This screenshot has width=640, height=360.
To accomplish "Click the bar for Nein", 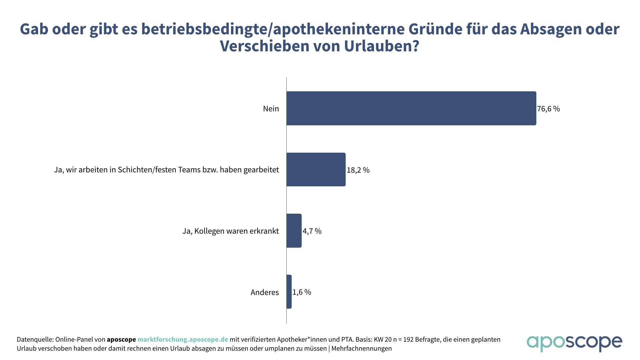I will point(411,108).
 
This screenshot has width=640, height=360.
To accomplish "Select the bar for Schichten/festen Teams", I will point(316,169).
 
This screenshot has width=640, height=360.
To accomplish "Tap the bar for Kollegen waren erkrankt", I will point(294,231).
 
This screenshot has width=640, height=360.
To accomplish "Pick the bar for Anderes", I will point(289,292).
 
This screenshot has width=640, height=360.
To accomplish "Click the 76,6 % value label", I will point(548,109).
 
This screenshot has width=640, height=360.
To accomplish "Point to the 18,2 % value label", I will point(358,170).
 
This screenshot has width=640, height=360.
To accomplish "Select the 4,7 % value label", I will point(312,231).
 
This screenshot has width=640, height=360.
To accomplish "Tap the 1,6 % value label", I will point(302,292).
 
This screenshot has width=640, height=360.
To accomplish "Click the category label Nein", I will point(271,109).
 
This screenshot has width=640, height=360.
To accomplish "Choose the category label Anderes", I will point(265,292).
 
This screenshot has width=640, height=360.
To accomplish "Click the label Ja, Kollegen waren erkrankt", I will point(230,231).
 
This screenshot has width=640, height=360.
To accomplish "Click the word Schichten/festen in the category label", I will point(147,170).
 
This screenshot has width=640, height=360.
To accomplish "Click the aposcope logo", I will point(574,343).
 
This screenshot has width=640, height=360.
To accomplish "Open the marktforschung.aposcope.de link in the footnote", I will point(183,339).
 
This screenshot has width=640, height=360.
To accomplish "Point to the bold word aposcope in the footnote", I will point(121,339).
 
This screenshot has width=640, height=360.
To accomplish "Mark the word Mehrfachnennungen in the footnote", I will point(361,348).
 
